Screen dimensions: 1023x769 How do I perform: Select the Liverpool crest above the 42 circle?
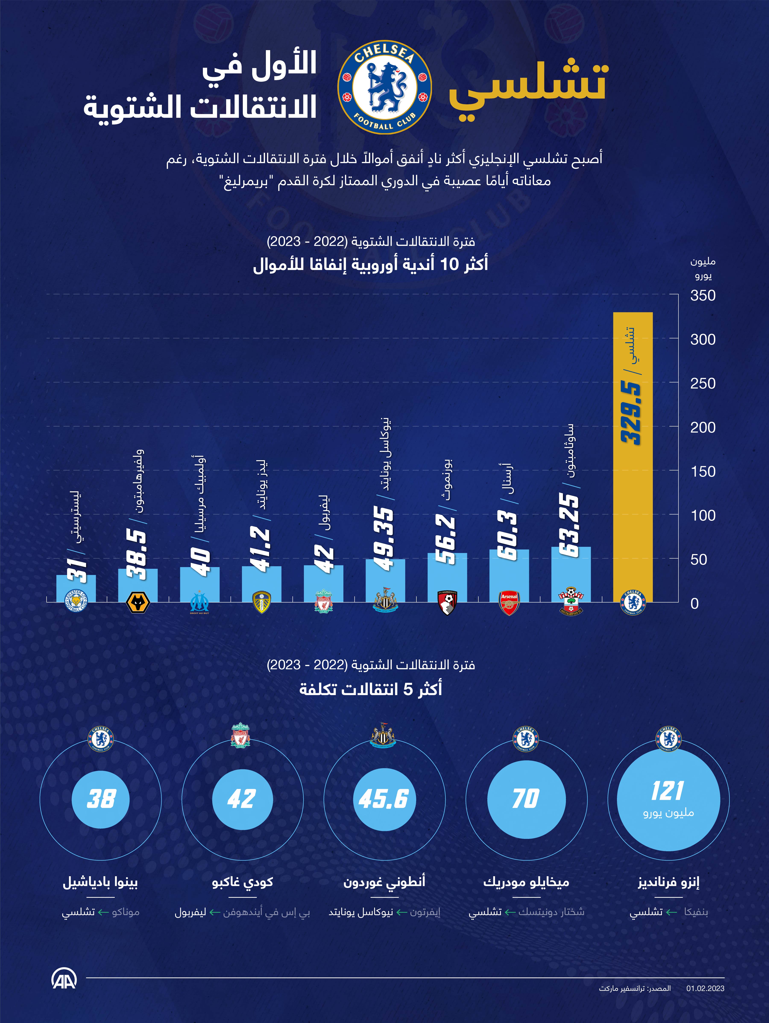click(241, 735)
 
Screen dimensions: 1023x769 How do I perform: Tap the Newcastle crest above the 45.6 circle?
click(383, 735)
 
